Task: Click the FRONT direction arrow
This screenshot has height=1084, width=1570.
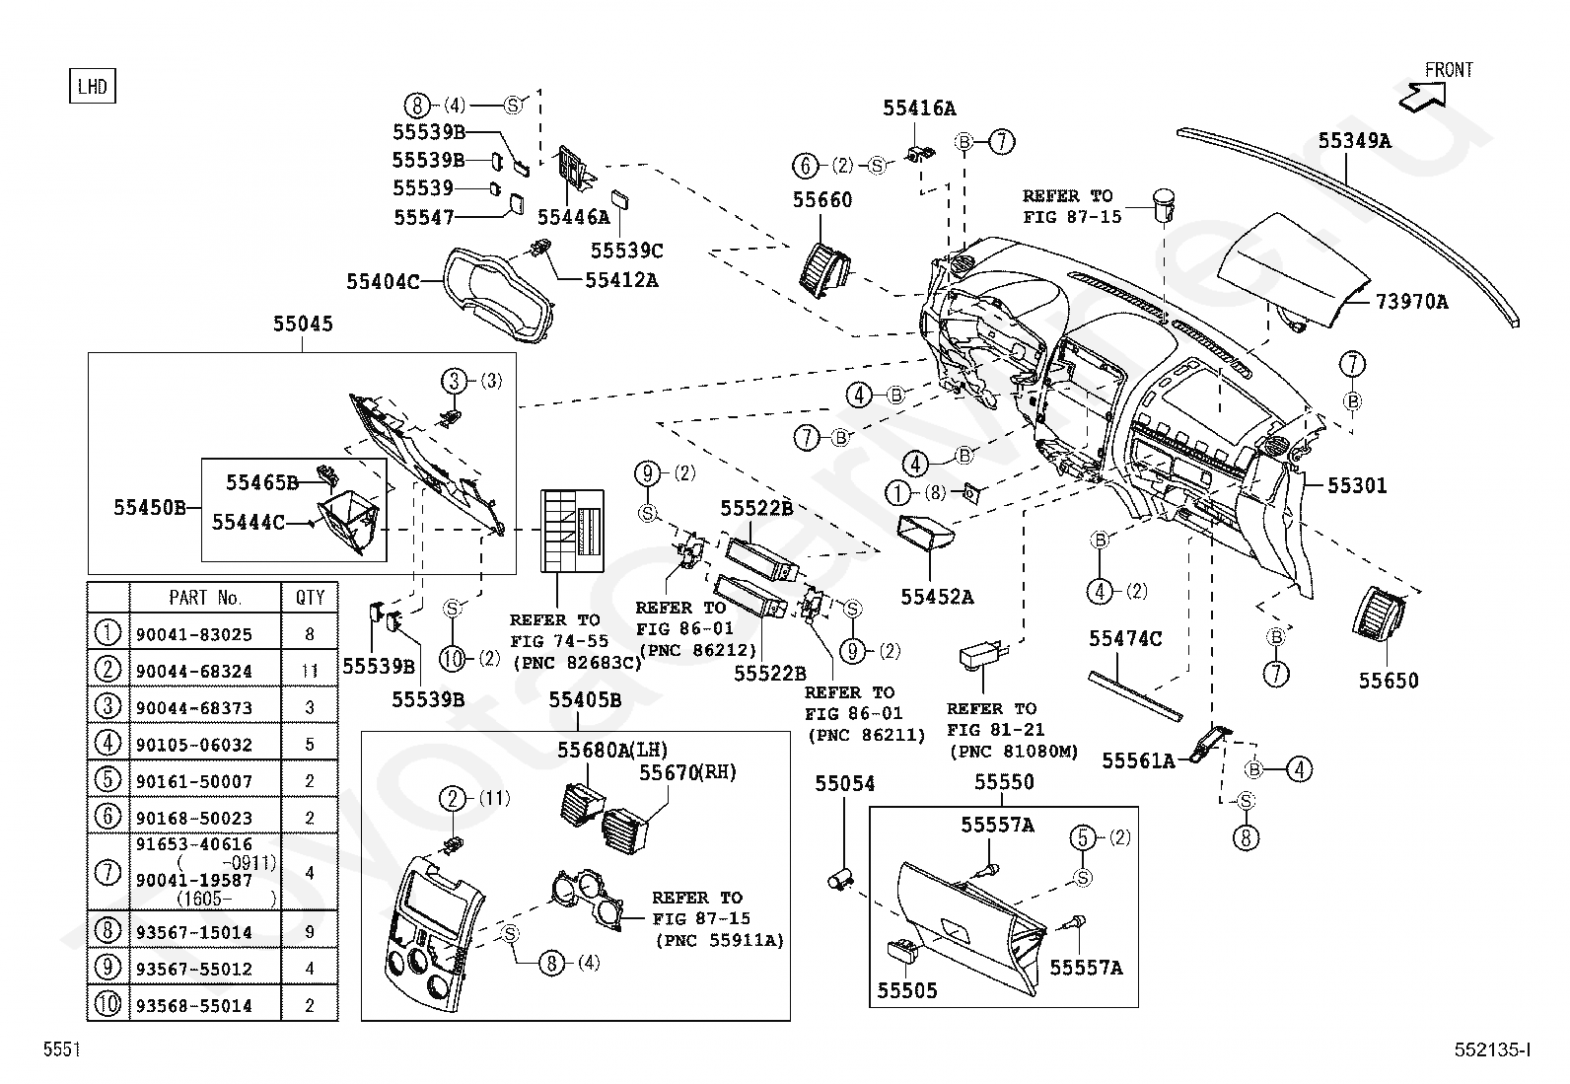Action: click(x=1426, y=95)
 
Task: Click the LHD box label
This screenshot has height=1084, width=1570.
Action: click(x=92, y=87)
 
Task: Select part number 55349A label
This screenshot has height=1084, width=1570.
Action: click(x=1355, y=141)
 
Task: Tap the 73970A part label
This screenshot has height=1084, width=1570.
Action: click(x=1412, y=302)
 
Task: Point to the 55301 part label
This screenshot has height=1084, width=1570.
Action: click(x=1357, y=485)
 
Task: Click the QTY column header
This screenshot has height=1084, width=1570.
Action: click(x=310, y=598)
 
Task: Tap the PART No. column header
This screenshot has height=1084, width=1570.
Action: click(x=205, y=598)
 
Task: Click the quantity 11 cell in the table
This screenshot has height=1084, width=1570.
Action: click(x=310, y=672)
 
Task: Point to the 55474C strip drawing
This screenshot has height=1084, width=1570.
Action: click(x=1134, y=694)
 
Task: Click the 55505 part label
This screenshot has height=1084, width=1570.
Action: click(x=907, y=990)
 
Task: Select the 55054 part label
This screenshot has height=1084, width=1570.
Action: click(x=844, y=783)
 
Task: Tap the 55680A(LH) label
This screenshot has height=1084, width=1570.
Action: click(x=605, y=752)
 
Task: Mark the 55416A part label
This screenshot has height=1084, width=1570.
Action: click(x=919, y=108)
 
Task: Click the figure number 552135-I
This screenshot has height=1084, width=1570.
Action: click(x=1492, y=1051)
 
